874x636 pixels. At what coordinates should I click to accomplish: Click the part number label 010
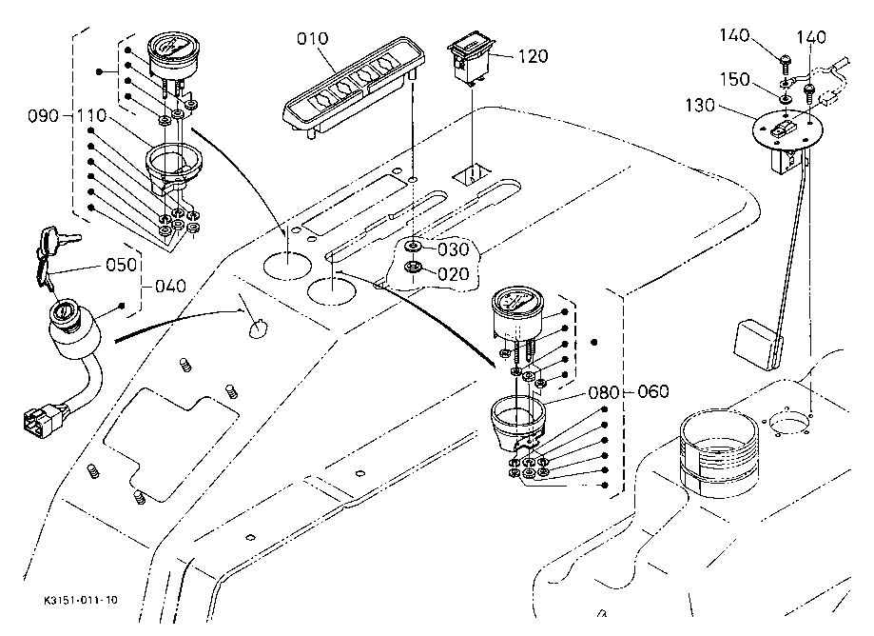(312, 39)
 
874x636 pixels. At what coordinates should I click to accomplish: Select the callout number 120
(534, 56)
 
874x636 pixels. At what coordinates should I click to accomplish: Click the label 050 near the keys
(122, 264)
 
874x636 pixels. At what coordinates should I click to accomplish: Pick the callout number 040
(170, 285)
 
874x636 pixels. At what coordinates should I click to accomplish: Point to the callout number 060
(653, 391)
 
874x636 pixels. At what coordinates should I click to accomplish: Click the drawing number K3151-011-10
(81, 601)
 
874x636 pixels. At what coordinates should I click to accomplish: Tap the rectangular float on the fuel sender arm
(758, 345)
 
